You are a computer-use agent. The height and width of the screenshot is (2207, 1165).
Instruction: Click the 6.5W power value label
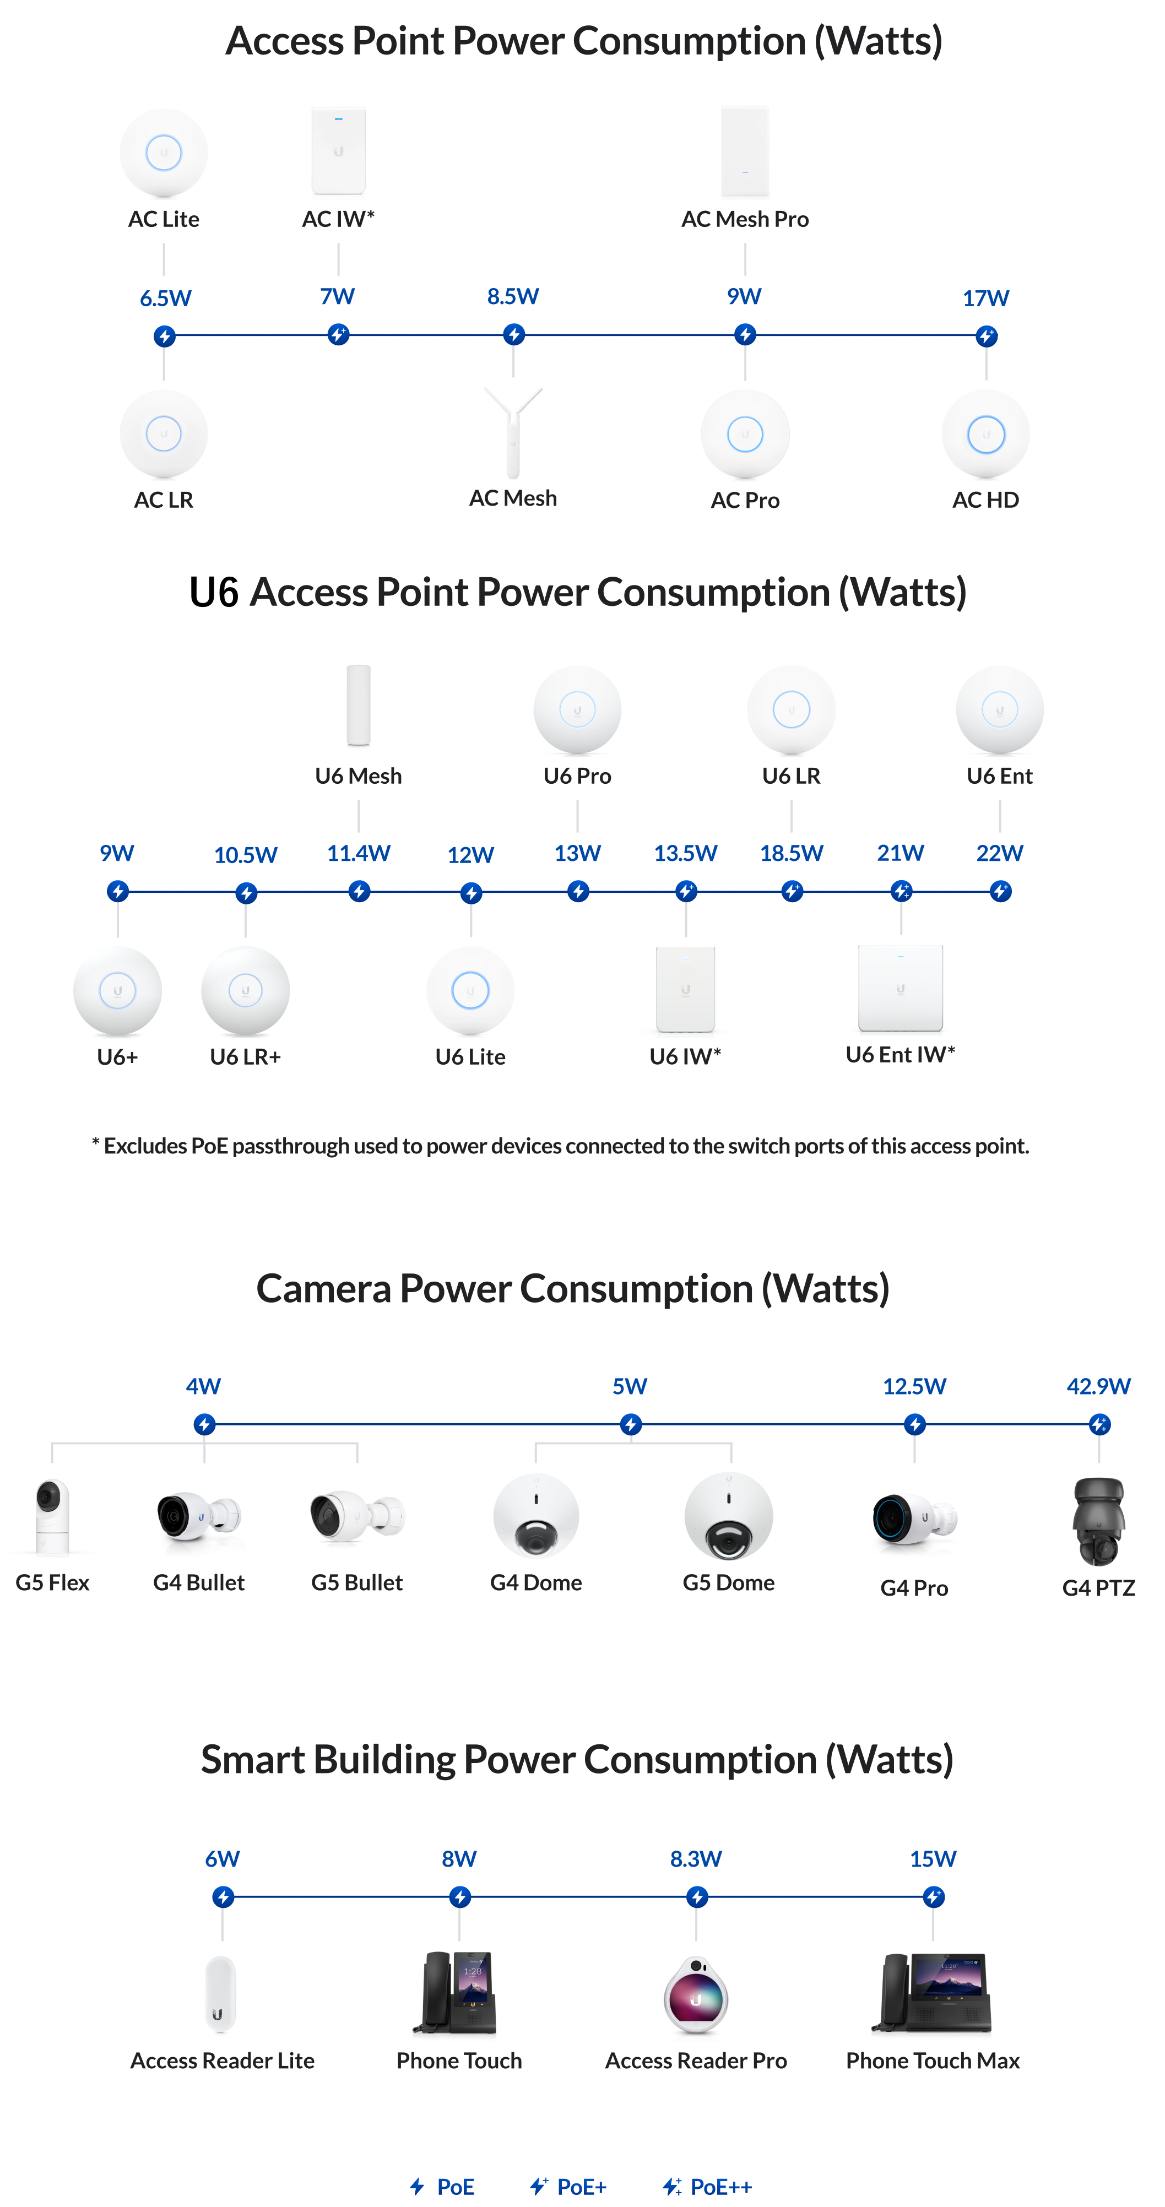pyautogui.click(x=165, y=298)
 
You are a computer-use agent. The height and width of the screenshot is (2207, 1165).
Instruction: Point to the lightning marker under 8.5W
pyautogui.click(x=513, y=334)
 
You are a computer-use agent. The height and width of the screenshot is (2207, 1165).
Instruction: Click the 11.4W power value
pyautogui.click(x=358, y=853)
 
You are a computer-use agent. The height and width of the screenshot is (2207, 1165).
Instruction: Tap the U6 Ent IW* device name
pyautogui.click(x=900, y=1055)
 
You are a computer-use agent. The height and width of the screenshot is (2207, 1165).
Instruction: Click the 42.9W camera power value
pyautogui.click(x=1098, y=1386)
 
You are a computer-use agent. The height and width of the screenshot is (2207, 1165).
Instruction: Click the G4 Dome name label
pyautogui.click(x=535, y=1582)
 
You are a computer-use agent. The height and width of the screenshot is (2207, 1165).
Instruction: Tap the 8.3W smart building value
pyautogui.click(x=696, y=1859)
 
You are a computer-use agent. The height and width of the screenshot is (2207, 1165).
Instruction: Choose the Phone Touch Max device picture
pyautogui.click(x=933, y=1996)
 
